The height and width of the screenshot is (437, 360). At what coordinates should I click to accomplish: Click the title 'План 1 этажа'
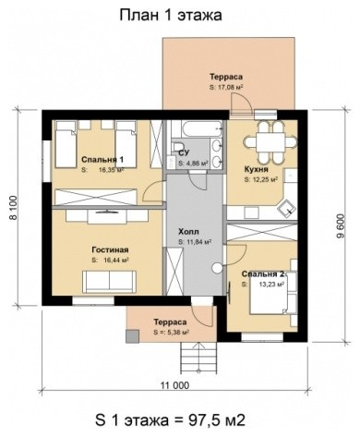(x=171, y=15)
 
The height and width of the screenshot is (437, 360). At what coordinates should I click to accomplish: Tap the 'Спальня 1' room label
(x=102, y=159)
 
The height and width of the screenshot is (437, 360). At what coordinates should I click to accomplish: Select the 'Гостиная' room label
(x=110, y=249)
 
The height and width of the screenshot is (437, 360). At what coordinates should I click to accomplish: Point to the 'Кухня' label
(x=256, y=169)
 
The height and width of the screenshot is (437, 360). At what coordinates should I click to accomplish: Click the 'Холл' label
(x=188, y=232)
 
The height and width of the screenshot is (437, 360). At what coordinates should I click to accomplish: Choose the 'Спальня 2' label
(x=263, y=273)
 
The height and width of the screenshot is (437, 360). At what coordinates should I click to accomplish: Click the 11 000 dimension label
(x=174, y=385)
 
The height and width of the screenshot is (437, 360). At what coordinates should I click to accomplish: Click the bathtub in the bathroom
(x=197, y=128)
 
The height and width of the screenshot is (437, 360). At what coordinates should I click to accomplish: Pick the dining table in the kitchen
(x=270, y=142)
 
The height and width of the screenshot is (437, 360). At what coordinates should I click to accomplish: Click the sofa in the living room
(x=109, y=282)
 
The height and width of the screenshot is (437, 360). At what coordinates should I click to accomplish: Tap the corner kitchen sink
(x=286, y=208)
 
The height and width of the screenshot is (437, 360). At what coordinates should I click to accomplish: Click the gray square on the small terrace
(x=132, y=336)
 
